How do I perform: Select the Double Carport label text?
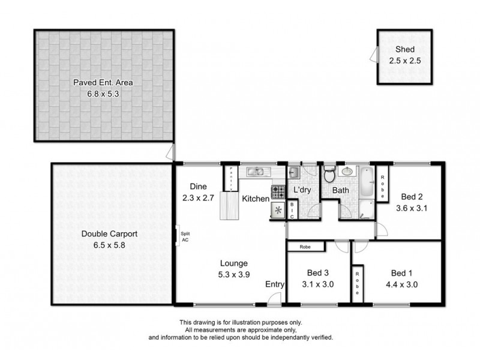click(103, 235)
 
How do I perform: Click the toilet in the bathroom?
click(328, 175)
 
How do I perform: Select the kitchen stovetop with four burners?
click(279, 192)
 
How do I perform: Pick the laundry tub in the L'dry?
click(294, 173)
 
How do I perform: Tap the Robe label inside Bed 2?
click(382, 184)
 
